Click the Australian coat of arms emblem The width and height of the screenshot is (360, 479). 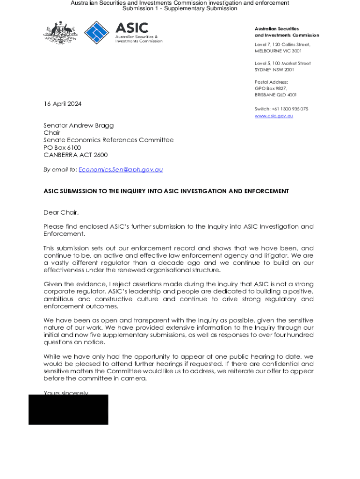60,33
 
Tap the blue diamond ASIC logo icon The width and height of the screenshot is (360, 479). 97,32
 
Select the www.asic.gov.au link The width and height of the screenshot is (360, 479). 274,116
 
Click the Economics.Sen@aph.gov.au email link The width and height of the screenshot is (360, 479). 121,169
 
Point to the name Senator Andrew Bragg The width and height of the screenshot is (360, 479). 79,125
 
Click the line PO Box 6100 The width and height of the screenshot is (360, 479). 62,147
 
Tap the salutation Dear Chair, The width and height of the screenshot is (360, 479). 61,212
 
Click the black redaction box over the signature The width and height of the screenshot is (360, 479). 68,410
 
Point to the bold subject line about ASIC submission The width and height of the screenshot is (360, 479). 166,191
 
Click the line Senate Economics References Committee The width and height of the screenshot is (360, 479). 108,140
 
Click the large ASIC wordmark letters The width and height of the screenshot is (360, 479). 132,28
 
